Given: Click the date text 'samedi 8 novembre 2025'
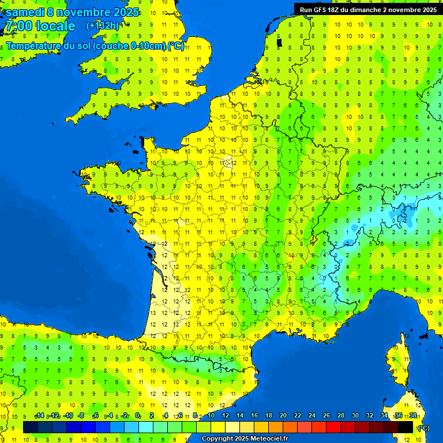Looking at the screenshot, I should click(72, 12).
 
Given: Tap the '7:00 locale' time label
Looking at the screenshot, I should click(40, 26).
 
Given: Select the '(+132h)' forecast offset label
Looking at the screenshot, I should click(103, 26).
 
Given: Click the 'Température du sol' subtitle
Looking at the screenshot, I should click(95, 46).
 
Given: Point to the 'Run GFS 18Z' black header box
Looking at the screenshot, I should click(367, 9).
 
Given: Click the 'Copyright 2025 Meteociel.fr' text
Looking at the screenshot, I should click(245, 439).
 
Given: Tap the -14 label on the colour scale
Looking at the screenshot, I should click(39, 415).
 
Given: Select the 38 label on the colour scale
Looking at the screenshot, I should click(413, 415).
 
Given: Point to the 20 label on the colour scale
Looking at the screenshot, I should click(283, 415).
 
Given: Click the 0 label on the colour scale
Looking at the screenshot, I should click(137, 415).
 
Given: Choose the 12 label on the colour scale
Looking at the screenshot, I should click(226, 415).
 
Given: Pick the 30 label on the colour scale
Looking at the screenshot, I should click(355, 415).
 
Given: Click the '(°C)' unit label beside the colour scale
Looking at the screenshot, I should click(424, 427).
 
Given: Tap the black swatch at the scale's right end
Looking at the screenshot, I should click(406, 427).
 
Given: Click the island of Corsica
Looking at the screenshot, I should click(397, 361).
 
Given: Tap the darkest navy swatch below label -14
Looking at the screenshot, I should click(31, 427).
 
